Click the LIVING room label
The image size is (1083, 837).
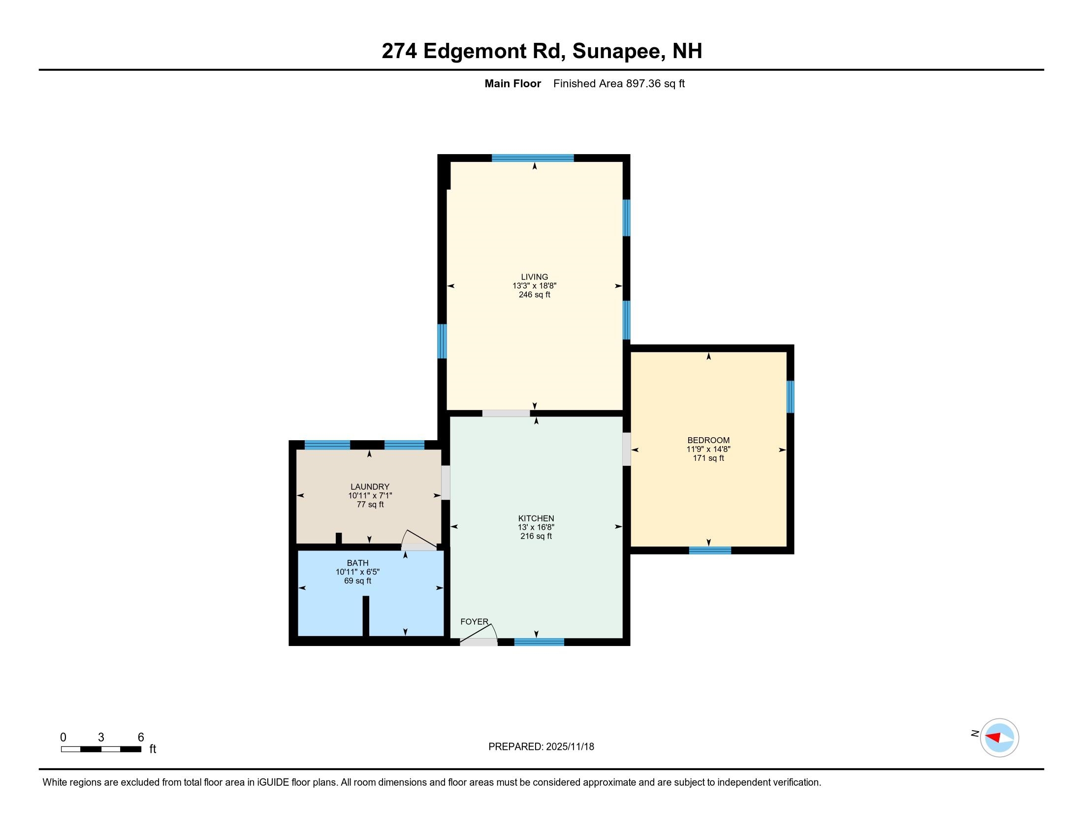[x=534, y=277]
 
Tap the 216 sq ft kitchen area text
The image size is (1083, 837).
[x=536, y=537]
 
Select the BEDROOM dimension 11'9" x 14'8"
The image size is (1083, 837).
[x=708, y=449]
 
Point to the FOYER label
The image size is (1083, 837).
[x=474, y=622]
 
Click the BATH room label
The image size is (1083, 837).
[x=357, y=563]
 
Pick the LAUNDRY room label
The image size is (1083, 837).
[x=370, y=486]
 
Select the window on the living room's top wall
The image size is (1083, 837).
[x=533, y=158]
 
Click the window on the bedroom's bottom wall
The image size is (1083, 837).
[x=709, y=550]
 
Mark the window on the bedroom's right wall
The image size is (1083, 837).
[x=791, y=397]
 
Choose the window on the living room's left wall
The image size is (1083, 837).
[x=442, y=341]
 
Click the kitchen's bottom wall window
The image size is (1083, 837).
[x=539, y=642]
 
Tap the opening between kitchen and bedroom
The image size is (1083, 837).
[x=626, y=449]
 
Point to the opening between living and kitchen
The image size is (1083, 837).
[x=506, y=413]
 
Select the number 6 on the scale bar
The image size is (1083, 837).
[x=141, y=738]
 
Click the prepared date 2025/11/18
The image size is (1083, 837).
[x=569, y=747]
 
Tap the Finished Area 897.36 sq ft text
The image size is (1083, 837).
[x=618, y=84]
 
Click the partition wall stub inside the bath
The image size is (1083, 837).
[x=365, y=616]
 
